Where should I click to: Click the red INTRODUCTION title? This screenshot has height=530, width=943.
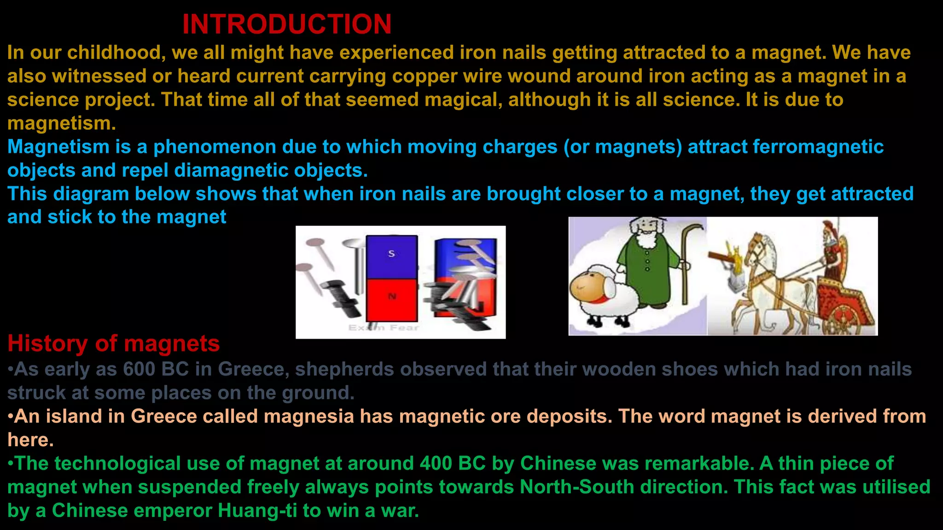click(x=286, y=24)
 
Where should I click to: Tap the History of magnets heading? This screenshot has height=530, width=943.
click(x=113, y=343)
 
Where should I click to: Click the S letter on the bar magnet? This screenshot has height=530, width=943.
click(x=391, y=253)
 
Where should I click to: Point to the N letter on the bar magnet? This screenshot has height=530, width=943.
click(x=392, y=297)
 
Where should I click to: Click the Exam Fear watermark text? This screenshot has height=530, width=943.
click(x=384, y=328)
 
